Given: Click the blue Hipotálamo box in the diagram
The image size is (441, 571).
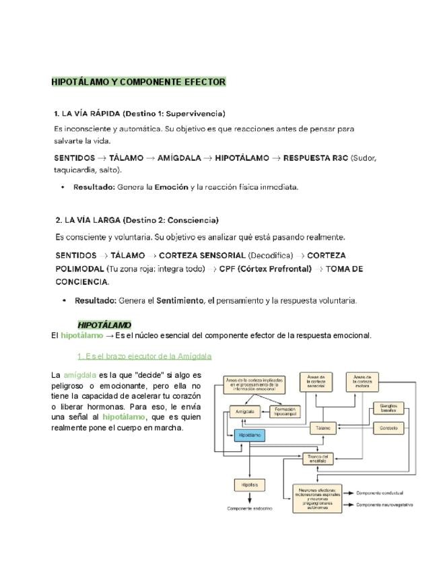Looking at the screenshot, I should [250, 436].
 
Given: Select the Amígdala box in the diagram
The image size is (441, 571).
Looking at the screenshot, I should [241, 411].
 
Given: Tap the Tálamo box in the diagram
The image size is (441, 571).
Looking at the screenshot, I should [323, 428].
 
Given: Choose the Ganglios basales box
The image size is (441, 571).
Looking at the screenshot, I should [387, 408].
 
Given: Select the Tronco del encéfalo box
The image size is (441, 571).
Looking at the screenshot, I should [317, 458].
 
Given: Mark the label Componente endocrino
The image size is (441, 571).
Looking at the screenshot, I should [250, 508].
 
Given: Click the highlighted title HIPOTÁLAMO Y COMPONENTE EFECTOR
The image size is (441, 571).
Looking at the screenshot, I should [139, 82].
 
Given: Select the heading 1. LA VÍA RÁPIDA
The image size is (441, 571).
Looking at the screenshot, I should [139, 113].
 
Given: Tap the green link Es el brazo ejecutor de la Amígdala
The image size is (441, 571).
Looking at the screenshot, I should [145, 356].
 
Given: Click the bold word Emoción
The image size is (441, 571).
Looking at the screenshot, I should [171, 187].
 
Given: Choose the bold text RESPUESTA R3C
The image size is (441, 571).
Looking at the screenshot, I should [316, 158].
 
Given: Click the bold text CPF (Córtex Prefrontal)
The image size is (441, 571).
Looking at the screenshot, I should [265, 269].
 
